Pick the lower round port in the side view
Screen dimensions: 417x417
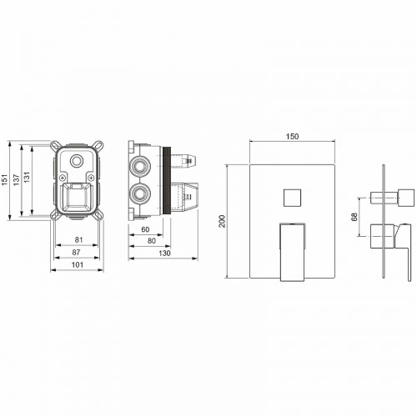[139, 198]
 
